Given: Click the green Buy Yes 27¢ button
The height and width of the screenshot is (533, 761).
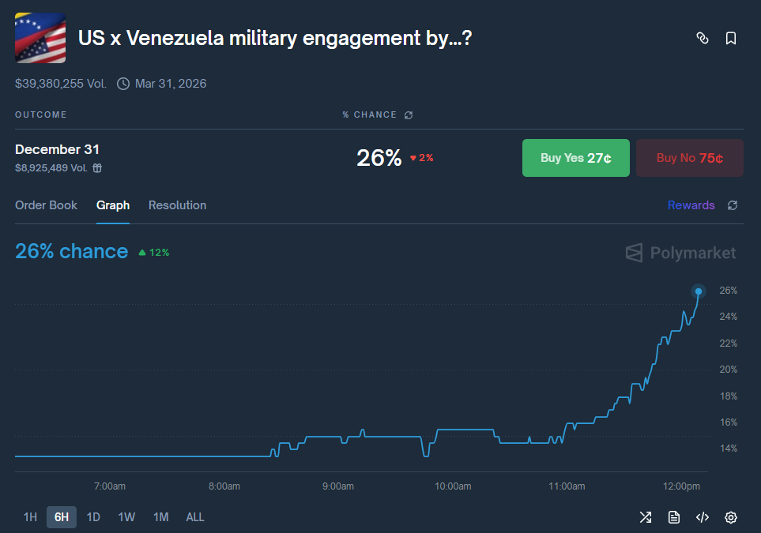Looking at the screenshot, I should pyautogui.click(x=575, y=158).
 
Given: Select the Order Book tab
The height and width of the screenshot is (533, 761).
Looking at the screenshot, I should pyautogui.click(x=46, y=205).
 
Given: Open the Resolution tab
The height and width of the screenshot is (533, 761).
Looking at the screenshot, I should pyautogui.click(x=177, y=205).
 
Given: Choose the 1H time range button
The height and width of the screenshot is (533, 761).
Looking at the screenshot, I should pyautogui.click(x=30, y=517).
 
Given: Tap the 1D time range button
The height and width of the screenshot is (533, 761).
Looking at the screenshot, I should pyautogui.click(x=93, y=517).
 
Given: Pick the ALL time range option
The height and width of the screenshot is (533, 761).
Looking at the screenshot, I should pyautogui.click(x=195, y=517).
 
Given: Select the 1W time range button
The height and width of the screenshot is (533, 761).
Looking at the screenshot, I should pyautogui.click(x=126, y=517).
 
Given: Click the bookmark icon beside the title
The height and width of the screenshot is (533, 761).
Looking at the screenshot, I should pyautogui.click(x=731, y=39).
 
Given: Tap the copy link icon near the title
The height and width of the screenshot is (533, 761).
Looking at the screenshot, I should pyautogui.click(x=702, y=39).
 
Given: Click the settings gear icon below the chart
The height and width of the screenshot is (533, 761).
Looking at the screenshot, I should pyautogui.click(x=731, y=517).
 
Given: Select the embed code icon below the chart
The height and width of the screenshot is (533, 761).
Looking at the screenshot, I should pyautogui.click(x=702, y=517).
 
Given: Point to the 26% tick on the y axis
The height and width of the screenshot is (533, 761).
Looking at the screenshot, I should pyautogui.click(x=728, y=291).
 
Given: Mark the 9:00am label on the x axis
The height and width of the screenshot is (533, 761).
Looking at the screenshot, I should pyautogui.click(x=338, y=486).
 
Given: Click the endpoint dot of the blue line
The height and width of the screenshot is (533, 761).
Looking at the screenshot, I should pyautogui.click(x=698, y=291).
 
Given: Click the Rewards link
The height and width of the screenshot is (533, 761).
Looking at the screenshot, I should pyautogui.click(x=691, y=205).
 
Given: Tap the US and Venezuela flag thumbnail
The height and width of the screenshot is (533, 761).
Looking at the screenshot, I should pyautogui.click(x=40, y=38).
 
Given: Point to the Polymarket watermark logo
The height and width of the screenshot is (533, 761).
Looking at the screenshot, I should pyautogui.click(x=680, y=253).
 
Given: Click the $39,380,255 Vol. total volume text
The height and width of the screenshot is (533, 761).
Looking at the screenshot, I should pyautogui.click(x=61, y=84).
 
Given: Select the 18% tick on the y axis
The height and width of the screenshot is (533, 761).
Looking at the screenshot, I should pyautogui.click(x=728, y=396).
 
